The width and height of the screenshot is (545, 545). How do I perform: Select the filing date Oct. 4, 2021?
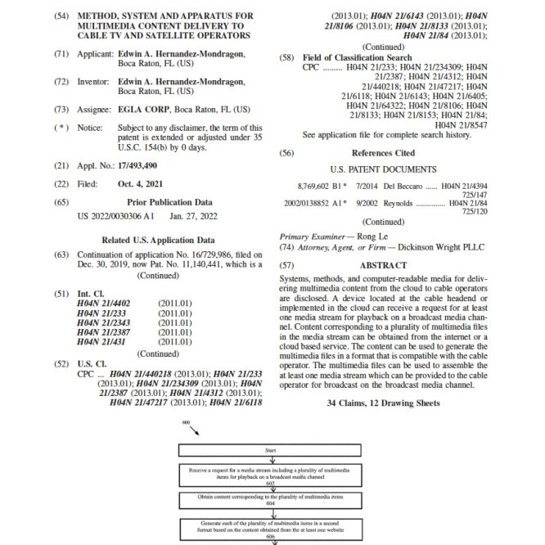[x=141, y=184]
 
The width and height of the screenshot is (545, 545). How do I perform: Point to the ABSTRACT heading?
[x=383, y=265]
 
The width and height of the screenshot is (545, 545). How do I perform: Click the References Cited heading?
[x=383, y=153]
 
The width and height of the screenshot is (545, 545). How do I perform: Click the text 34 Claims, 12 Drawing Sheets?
[x=383, y=403]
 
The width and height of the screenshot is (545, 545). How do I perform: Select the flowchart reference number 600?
[x=187, y=423]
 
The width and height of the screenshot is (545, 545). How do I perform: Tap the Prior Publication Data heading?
[x=169, y=201]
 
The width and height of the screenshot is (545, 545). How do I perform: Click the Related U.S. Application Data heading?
[x=158, y=241]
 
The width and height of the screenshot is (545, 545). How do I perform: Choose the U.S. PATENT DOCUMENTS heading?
[x=383, y=169]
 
